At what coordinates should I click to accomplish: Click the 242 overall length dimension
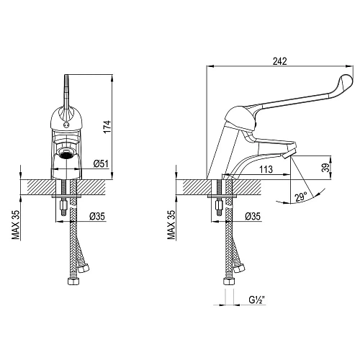point(279,61)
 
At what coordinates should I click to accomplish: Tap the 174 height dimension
point(107,127)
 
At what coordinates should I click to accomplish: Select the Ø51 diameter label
point(101,164)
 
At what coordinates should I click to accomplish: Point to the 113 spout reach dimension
point(266,169)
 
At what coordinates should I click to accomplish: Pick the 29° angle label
point(301,197)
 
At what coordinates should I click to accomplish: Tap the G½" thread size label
point(257,300)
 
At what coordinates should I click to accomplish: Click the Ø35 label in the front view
point(97,216)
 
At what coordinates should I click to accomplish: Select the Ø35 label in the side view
point(253,216)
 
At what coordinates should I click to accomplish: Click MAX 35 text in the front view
point(16,225)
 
